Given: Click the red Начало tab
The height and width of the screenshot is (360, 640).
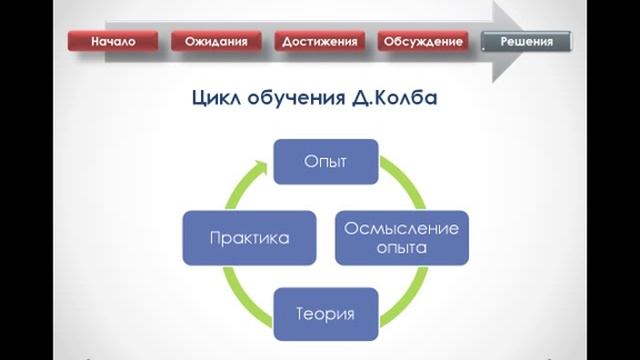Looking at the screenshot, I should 112,42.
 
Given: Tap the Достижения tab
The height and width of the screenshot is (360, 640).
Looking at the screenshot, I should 320,42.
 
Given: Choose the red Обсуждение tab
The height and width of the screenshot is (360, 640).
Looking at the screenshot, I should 424,42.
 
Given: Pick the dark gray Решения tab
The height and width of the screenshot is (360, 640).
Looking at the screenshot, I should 526,42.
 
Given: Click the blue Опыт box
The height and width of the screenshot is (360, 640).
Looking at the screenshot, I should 326,161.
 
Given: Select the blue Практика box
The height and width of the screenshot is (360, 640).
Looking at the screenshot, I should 250,237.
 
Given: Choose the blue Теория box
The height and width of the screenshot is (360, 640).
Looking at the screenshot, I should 326,313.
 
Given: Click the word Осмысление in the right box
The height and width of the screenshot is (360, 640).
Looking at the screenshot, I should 401,228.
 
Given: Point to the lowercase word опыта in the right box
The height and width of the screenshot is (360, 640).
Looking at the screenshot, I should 401,247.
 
